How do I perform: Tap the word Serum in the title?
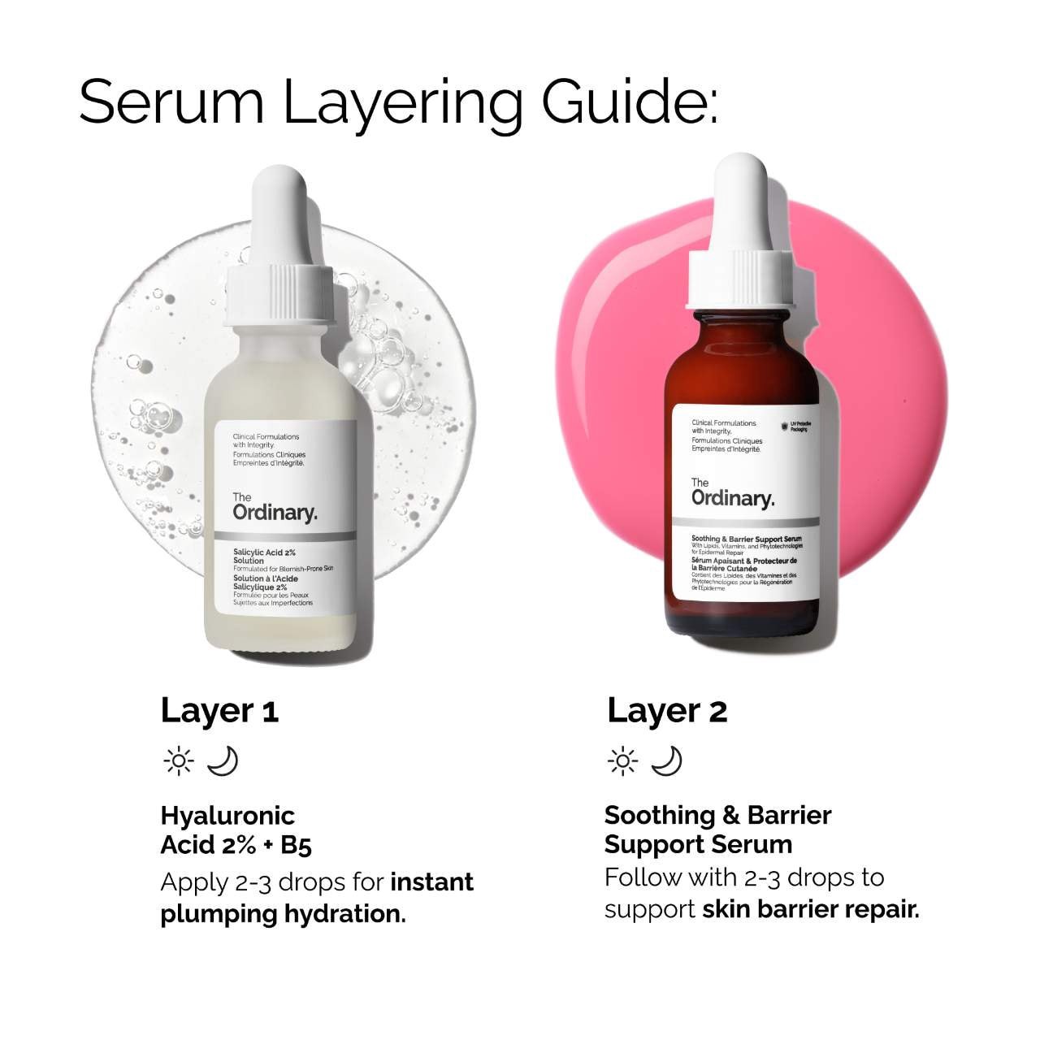pos(171,102)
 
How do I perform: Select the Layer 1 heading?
pos(219,711)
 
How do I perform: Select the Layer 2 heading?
pos(666,711)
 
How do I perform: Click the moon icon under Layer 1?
pos(222,761)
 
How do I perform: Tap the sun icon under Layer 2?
pos(623,761)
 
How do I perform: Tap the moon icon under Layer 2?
pos(666,761)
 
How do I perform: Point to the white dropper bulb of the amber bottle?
pos(740,195)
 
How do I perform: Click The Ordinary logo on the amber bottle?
pos(732,493)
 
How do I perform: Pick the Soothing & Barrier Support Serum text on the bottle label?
pos(746,539)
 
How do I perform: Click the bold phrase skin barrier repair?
pos(810,909)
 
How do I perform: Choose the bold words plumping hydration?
pos(281,914)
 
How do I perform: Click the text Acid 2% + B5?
pos(236,845)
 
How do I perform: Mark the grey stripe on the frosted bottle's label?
pos(284,535)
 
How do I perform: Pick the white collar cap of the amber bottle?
pos(740,279)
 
